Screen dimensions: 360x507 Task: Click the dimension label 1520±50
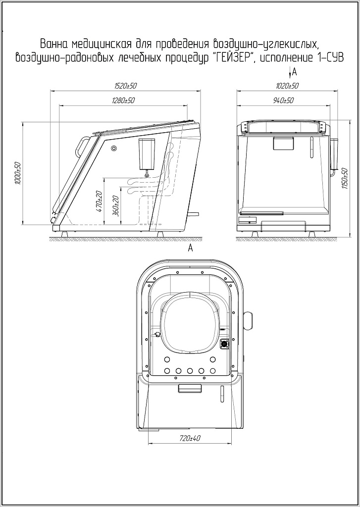click(126, 86)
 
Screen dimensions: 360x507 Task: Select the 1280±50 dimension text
click(123, 100)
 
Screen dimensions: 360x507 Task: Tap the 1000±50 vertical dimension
click(18, 173)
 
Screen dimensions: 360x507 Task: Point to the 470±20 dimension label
click(100, 201)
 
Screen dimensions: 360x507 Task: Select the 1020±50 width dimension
click(287, 86)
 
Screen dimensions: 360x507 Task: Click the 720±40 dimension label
click(190, 439)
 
